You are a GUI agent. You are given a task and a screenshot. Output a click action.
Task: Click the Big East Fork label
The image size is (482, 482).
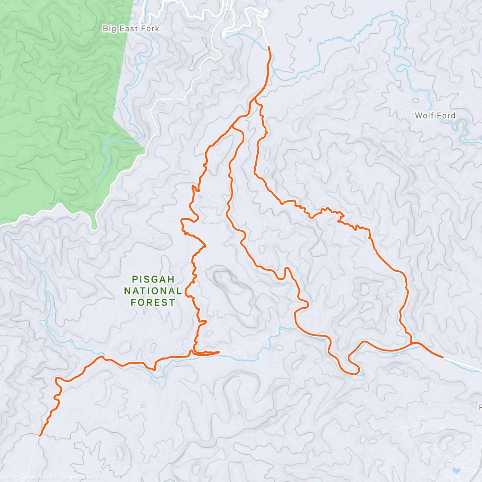point(131,29)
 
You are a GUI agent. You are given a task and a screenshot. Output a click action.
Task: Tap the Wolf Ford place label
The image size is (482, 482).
point(435,116)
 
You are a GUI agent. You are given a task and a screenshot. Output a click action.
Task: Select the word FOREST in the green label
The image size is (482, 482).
point(153,302)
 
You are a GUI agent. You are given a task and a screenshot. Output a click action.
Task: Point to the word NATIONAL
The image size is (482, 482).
point(153,291)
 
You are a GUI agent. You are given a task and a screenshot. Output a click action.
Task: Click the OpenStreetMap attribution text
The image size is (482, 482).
point(84,477)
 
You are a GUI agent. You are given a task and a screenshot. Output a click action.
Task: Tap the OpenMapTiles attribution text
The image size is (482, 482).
point(42,477)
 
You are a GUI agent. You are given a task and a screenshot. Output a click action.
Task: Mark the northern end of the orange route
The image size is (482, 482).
point(268,47)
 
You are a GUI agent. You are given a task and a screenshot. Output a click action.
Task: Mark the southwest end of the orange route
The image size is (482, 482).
point(39,435)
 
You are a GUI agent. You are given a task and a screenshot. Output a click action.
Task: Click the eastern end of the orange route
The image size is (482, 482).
point(443,357)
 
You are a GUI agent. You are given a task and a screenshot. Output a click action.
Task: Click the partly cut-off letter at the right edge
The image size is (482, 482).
point(480,407)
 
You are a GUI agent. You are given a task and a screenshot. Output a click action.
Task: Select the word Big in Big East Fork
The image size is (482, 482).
point(110,29)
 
